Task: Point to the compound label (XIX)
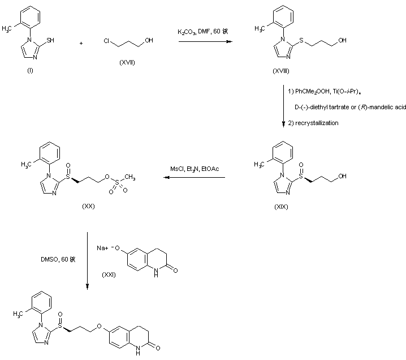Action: pos(281,207)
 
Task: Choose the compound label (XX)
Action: pos(88,207)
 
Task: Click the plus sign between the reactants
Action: pos(81,42)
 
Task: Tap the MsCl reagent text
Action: pos(178,169)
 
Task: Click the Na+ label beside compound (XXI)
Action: pos(102,247)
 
